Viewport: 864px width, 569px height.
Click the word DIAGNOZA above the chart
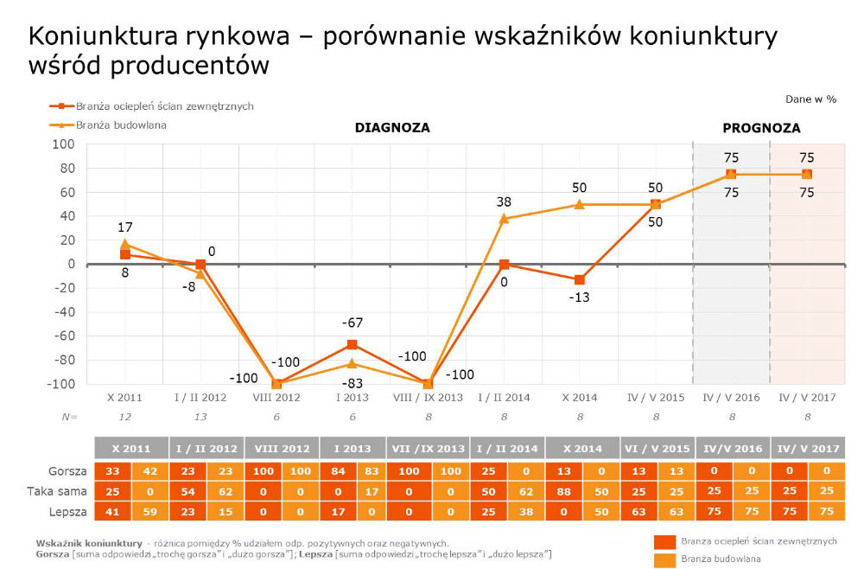(392, 128)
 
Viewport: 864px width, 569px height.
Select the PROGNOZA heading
(761, 128)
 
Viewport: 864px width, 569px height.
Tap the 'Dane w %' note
(810, 99)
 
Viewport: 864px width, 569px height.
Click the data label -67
(351, 323)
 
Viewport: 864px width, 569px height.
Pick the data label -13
(579, 297)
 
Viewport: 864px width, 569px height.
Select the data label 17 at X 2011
(124, 227)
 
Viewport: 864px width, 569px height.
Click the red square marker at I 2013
(352, 345)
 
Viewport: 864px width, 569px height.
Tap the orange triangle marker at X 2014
(580, 205)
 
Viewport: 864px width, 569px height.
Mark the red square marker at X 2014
(580, 280)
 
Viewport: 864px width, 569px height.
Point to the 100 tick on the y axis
(65, 144)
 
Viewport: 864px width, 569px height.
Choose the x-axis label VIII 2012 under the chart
(276, 398)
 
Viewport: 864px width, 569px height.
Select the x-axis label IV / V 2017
(807, 398)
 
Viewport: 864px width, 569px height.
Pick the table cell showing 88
(562, 491)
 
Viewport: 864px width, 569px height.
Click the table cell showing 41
(112, 511)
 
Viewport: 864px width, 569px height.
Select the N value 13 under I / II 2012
(200, 417)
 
